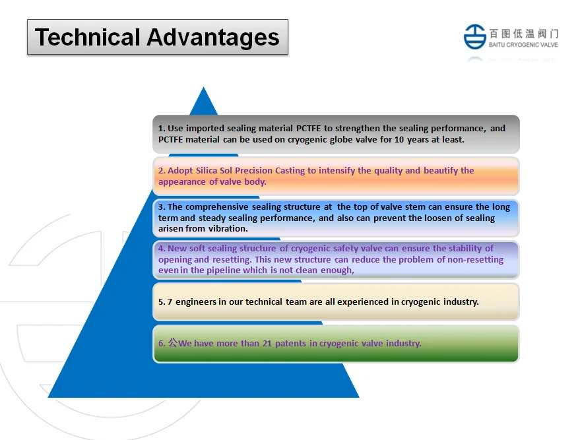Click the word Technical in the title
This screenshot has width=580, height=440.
click(x=87, y=38)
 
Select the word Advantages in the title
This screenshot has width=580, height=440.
click(x=213, y=38)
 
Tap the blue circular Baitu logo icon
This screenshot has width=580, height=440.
click(x=475, y=36)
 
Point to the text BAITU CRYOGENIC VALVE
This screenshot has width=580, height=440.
click(x=523, y=45)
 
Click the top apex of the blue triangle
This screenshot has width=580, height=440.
click(x=203, y=87)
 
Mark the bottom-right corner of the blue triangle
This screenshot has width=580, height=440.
click(x=359, y=398)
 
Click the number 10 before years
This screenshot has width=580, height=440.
click(x=399, y=140)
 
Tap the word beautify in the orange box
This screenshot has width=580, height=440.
click(x=440, y=171)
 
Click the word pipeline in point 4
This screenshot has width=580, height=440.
click(x=223, y=270)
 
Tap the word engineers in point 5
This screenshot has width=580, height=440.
click(x=196, y=302)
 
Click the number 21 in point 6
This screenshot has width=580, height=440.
click(x=267, y=344)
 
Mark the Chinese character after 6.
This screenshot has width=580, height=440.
click(x=173, y=343)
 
